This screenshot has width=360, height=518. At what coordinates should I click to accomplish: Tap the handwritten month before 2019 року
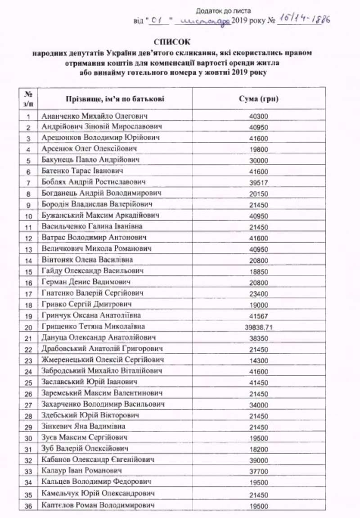[204, 21]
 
